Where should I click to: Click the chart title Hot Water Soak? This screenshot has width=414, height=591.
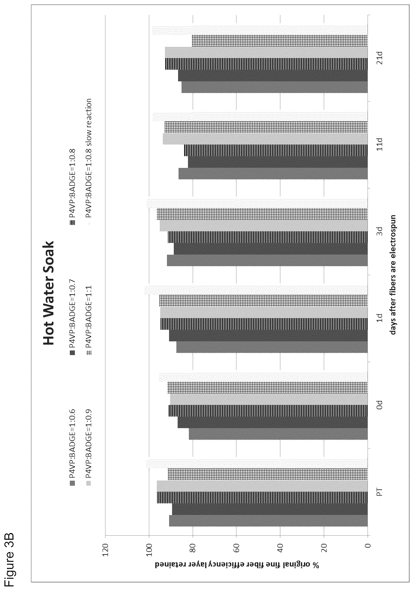(49, 292)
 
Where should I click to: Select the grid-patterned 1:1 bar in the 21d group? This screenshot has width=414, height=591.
(280, 41)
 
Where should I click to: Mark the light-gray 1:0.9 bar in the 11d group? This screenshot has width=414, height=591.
(265, 139)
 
